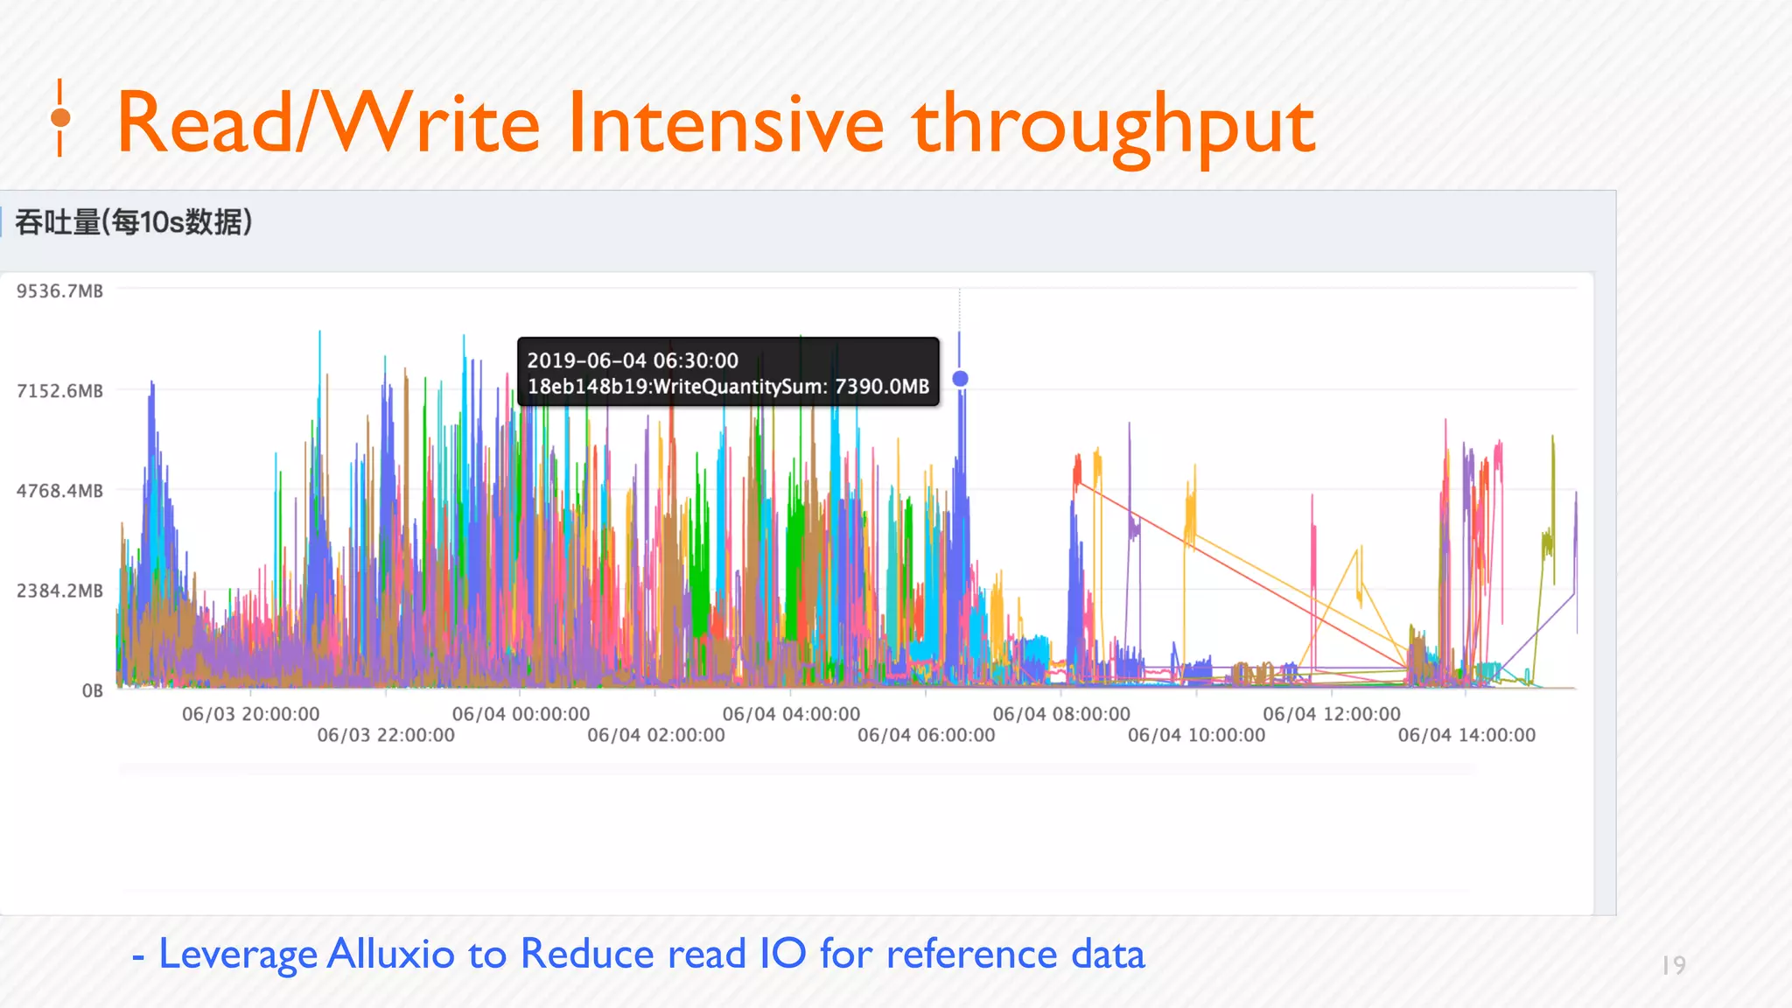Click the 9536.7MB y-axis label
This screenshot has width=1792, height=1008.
[x=59, y=291]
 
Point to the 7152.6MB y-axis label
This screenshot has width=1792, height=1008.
[x=59, y=391]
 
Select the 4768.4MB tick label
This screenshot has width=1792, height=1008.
[x=59, y=491]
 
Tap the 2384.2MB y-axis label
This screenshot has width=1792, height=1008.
[x=59, y=591]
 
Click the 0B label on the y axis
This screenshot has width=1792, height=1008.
[x=92, y=691]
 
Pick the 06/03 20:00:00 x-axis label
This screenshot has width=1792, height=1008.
[x=250, y=714]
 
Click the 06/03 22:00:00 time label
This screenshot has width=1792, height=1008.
[x=386, y=735]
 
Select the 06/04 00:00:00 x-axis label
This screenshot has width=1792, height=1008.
[x=521, y=714]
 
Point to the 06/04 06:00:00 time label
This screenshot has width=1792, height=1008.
[x=926, y=735]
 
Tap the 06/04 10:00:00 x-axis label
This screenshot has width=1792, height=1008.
[x=1196, y=735]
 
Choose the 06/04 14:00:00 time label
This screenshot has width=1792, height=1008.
[x=1466, y=735]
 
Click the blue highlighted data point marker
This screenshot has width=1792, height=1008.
[x=960, y=379]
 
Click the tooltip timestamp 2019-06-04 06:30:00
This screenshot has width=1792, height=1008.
[x=633, y=360]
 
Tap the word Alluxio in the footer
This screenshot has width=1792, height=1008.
[x=390, y=954]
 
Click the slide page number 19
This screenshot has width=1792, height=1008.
[x=1673, y=965]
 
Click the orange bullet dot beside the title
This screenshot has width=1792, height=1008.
[x=60, y=118]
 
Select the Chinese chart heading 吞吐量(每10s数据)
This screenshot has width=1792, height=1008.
[x=134, y=222]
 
